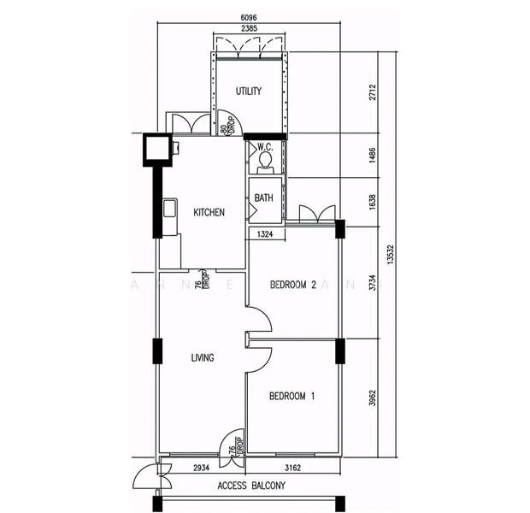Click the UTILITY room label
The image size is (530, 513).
[x=248, y=91]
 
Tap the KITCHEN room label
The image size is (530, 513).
[x=209, y=212]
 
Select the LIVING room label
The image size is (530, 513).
[x=203, y=357]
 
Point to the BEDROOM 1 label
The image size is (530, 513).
[x=292, y=396]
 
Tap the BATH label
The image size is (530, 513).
[x=263, y=198]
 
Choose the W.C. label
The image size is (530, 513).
[x=264, y=147]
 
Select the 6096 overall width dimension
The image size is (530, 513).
[x=249, y=16]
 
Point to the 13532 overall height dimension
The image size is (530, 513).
[x=391, y=254]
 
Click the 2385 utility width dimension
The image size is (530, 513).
[x=249, y=28]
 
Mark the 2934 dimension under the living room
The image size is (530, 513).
[x=202, y=469]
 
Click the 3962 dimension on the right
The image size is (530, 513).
[x=372, y=398]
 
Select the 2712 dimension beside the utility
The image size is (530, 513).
[x=372, y=92]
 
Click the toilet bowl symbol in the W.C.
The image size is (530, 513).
[x=265, y=161]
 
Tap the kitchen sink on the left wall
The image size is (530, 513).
[x=170, y=210]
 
